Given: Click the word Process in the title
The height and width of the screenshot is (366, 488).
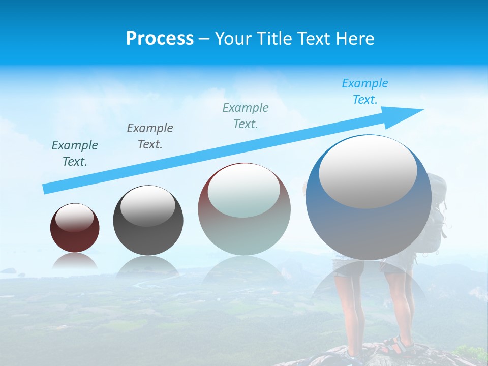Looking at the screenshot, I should [160, 39].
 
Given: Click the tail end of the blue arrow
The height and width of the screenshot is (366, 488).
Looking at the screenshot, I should [47, 189].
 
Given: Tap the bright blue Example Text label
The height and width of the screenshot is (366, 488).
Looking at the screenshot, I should [364, 91].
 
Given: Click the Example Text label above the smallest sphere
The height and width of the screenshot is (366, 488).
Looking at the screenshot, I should [75, 154].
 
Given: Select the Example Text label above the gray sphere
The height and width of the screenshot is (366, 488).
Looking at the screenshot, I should [150, 136].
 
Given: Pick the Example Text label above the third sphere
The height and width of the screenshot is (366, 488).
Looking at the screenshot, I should [246, 116].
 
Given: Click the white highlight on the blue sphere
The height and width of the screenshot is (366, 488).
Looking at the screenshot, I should [368, 172].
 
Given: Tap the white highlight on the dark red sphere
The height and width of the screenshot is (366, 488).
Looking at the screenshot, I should [75, 218].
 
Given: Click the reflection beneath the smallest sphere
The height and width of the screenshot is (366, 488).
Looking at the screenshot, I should [75, 262].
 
